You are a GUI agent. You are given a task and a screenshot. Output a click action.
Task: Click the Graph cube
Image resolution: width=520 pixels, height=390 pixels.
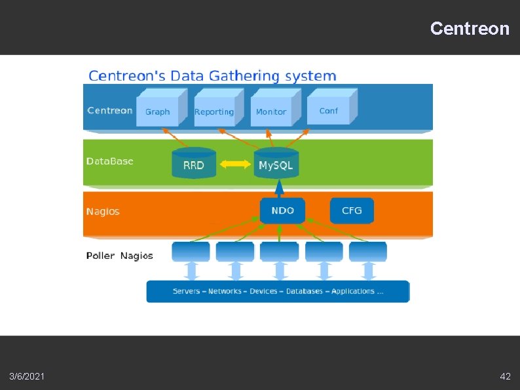159,107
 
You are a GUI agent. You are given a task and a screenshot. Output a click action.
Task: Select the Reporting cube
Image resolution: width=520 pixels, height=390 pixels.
215,107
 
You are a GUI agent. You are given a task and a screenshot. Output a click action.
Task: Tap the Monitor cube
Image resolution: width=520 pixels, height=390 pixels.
272,107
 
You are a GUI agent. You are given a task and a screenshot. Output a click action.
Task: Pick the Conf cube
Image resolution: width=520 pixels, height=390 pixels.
329,106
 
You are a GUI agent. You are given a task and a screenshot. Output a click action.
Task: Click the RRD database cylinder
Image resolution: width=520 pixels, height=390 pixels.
193,163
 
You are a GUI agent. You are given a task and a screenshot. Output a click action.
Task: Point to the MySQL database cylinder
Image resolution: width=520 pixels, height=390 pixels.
276,163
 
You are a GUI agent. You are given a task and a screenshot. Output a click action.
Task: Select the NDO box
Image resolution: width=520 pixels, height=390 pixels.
282,210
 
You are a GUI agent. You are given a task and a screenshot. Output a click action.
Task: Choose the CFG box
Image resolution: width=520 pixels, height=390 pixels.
352,210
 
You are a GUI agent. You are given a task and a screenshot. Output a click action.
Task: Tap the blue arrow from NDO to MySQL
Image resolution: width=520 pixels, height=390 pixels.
279,188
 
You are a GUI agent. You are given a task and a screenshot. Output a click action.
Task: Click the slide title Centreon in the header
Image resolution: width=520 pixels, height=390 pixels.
469,28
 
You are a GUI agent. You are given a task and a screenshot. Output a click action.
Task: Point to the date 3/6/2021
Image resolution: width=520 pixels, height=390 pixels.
28,376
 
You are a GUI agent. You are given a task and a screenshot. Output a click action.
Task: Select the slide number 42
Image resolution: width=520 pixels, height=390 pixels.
504,376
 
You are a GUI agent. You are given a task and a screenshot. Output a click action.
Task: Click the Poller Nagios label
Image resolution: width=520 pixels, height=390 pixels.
119,255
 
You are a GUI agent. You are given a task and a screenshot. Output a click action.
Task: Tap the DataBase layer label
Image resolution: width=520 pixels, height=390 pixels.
109,161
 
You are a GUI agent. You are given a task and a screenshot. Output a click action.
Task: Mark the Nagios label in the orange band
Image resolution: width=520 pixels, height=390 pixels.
103,212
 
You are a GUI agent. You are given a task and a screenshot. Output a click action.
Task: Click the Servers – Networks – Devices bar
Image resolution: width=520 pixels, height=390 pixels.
278,291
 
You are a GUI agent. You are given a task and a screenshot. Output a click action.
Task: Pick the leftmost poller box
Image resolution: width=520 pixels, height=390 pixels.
191,251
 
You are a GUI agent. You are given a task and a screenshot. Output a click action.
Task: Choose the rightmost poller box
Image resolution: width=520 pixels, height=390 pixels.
367,251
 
